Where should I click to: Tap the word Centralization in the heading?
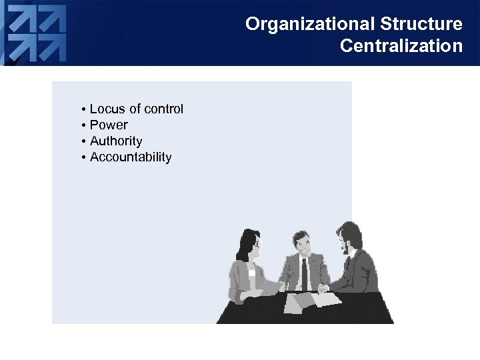tap(401, 46)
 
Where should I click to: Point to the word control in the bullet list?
tap(164, 109)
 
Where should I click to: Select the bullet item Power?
tap(109, 125)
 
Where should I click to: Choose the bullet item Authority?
tap(116, 141)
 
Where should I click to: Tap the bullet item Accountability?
tap(131, 157)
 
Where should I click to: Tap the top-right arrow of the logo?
tap(53, 20)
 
